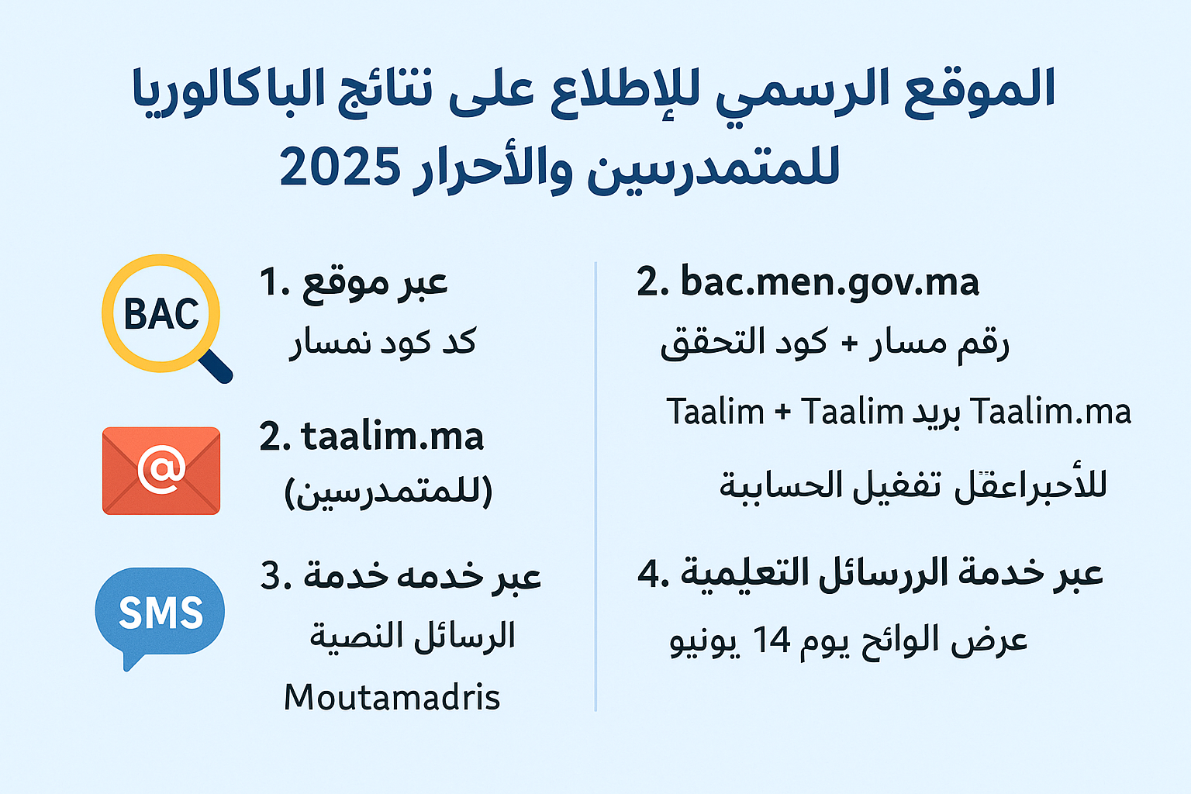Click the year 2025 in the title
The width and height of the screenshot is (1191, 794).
pos(339,168)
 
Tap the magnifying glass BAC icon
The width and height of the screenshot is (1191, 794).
pos(162,314)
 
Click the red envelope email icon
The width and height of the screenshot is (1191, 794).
pos(161,471)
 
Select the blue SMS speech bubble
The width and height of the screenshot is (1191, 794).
pos(161,613)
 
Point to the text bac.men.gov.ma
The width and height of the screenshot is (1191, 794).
pos(830,282)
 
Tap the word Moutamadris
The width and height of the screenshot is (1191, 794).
pos(392,697)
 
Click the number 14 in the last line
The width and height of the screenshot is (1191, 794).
pos(772,640)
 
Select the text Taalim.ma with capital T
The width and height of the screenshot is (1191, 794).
pos(1051,412)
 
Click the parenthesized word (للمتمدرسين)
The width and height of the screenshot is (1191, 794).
pos(388,492)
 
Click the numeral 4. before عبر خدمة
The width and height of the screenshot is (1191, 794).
pos(653,574)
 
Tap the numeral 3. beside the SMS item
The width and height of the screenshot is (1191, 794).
pos(275,576)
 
